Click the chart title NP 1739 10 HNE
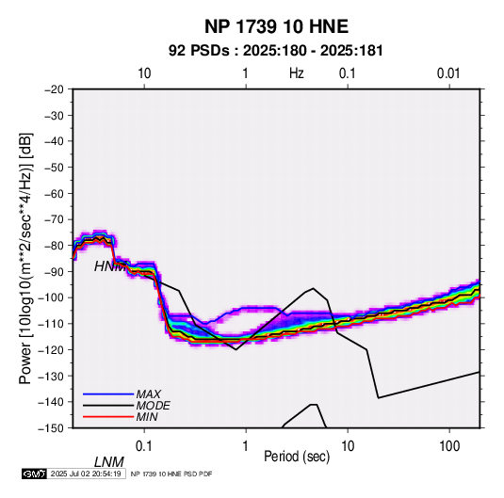click(276, 26)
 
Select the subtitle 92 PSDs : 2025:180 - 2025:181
click(276, 51)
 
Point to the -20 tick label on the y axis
click(54, 89)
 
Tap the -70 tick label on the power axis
click(54, 219)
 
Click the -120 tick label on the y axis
click(51, 349)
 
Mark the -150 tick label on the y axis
click(51, 428)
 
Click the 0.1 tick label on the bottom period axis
click(144, 446)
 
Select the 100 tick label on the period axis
click(449, 446)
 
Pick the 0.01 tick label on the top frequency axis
click(448, 73)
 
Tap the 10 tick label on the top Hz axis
click(144, 73)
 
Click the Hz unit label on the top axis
click(297, 73)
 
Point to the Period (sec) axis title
click(297, 457)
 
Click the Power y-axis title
click(25, 259)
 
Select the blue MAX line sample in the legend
click(108, 394)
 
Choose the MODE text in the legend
click(153, 406)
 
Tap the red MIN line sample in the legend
click(108, 417)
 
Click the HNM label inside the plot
click(109, 266)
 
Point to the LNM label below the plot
click(109, 462)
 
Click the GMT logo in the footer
click(34, 474)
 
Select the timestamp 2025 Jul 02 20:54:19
click(86, 474)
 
